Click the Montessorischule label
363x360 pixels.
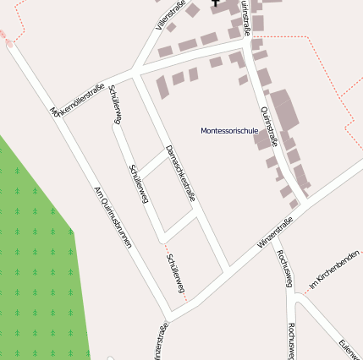tap(229, 131)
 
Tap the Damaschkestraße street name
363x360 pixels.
tap(180, 173)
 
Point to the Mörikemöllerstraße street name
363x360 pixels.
tap(78, 101)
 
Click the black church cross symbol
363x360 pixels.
tap(216, 3)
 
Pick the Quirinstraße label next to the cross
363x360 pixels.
tap(245, 17)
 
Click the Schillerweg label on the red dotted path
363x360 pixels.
tap(176, 275)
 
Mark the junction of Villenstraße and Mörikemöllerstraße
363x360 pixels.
tap(135, 74)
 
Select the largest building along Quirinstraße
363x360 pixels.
tap(283, 110)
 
